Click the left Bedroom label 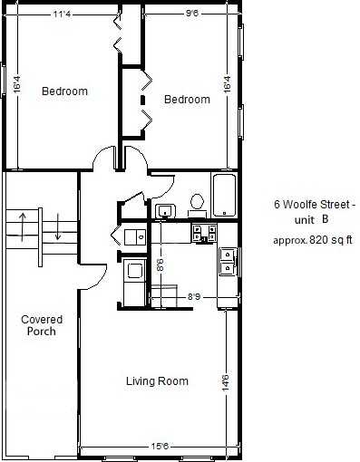click(x=64, y=91)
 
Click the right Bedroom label click(x=187, y=100)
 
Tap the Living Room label click(x=157, y=381)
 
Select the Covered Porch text click(x=39, y=324)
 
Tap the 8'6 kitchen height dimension click(x=161, y=266)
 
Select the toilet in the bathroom click(x=196, y=202)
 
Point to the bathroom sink click(x=164, y=211)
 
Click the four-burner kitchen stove click(x=203, y=233)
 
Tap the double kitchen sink click(x=227, y=262)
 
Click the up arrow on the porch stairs click(x=19, y=226)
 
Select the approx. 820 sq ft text click(x=314, y=240)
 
